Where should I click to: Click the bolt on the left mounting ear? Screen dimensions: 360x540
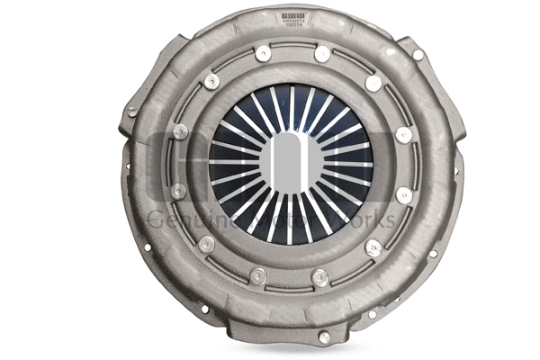(132, 112)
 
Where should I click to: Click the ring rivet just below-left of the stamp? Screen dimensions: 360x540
(262, 54)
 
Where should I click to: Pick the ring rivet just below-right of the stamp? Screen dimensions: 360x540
(321, 54)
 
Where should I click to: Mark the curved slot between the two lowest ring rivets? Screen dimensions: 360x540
(290, 283)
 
